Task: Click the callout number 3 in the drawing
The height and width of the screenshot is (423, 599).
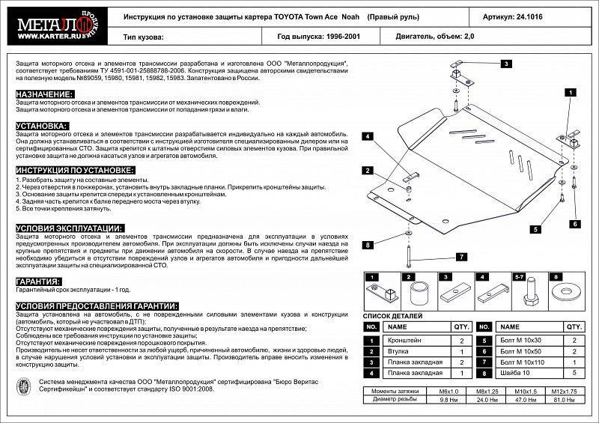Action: (506, 64)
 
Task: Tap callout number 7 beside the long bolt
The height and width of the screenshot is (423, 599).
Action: (462, 257)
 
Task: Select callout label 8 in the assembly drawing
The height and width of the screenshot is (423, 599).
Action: (368, 245)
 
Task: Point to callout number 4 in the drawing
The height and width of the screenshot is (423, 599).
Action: (368, 136)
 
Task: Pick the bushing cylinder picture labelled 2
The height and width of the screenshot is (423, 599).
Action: (421, 293)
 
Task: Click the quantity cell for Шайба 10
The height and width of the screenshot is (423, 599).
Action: (574, 372)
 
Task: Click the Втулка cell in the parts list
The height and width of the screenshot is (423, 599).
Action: (397, 351)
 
